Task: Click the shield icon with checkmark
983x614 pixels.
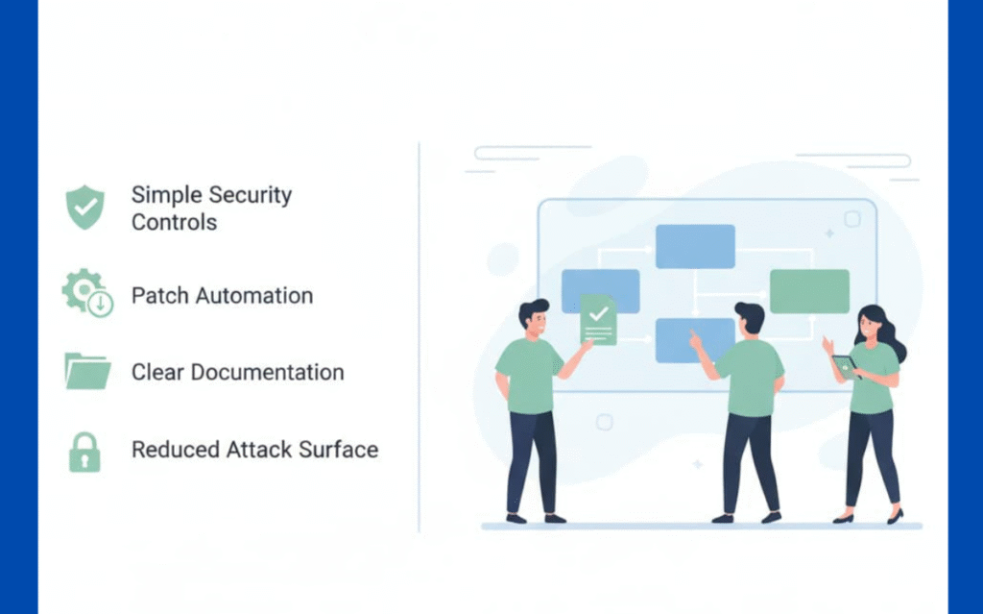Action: pos(84,208)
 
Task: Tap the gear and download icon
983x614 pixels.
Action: pos(86,293)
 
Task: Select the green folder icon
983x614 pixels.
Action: pos(88,371)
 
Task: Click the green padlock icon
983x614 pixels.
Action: pos(84,451)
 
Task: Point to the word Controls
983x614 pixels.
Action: pos(174,222)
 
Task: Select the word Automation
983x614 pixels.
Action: pos(254,295)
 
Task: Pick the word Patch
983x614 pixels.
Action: pos(159,295)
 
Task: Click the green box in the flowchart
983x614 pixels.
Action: pos(809,290)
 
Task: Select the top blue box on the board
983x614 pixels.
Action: pos(695,246)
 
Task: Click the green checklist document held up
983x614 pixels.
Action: pos(598,320)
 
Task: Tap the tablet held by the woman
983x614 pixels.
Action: pos(844,366)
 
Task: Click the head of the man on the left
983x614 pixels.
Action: pos(535,318)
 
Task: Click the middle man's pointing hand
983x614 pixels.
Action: pos(694,339)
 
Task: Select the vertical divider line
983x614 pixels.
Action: pos(420,336)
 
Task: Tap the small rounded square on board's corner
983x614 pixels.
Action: pos(851,219)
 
